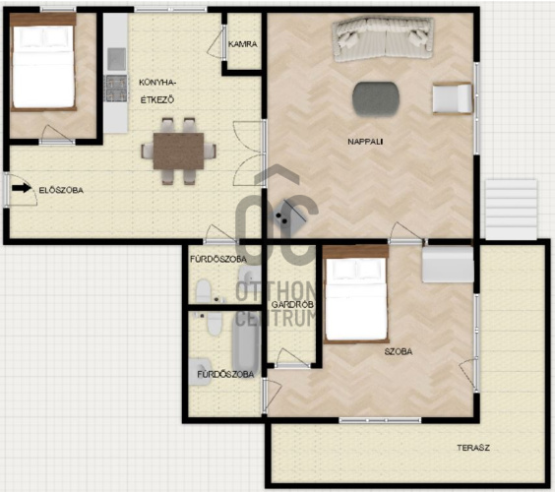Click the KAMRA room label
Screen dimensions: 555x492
[x=243, y=44]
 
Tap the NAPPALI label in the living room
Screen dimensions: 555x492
[x=365, y=142]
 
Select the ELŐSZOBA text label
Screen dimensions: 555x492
[x=61, y=190]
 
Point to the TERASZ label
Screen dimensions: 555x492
[x=473, y=448]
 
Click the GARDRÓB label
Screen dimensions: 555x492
[x=292, y=304]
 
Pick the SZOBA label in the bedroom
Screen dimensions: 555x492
[x=399, y=351]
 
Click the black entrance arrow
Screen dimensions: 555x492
[x=22, y=188]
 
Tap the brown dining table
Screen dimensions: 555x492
[x=178, y=151]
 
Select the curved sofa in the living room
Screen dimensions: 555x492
[x=384, y=39]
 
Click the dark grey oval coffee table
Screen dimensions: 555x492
[x=376, y=98]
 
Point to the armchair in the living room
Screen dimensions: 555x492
[x=453, y=98]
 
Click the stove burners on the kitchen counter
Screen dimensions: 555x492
[x=115, y=89]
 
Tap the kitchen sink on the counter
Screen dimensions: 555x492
[x=116, y=59]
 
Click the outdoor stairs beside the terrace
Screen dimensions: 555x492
[x=511, y=210]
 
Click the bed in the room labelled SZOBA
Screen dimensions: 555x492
[x=355, y=294]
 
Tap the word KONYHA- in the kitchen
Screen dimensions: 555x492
[x=157, y=83]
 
